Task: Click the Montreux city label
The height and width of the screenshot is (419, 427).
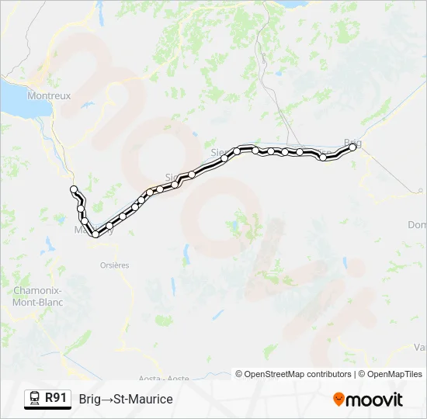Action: point(48,95)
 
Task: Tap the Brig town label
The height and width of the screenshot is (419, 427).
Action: point(352,143)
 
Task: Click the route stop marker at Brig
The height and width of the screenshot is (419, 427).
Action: point(352,147)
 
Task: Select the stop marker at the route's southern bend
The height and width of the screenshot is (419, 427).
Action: point(95,234)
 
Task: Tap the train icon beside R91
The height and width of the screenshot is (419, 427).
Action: point(35,399)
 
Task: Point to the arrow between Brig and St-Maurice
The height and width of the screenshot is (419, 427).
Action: point(108,399)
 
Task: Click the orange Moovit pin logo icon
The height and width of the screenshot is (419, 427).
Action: point(338,400)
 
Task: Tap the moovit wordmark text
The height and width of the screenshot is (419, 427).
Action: point(375,400)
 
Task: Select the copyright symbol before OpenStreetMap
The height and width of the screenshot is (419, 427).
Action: point(240,374)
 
